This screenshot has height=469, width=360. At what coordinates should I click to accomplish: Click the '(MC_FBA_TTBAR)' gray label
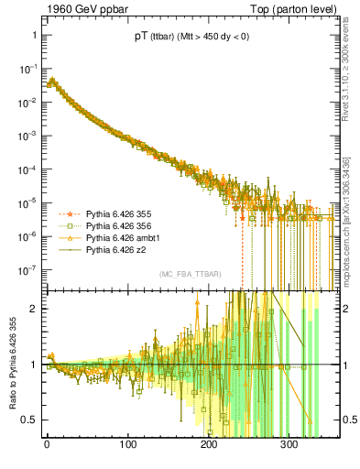tap(188, 275)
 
